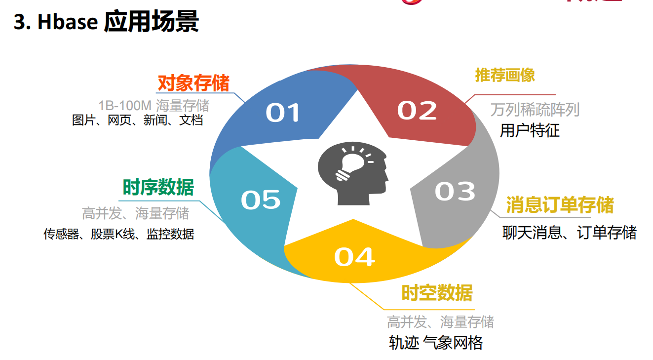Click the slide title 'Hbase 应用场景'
coord(118,22)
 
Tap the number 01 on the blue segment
coord(282,113)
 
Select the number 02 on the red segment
coord(417,111)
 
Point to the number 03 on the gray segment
coord(455,191)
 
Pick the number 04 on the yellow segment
coord(354,257)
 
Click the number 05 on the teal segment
coord(261,200)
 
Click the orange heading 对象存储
coord(193,83)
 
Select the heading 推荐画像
coord(505,75)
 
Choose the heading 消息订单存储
coord(560,205)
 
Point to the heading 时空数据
coord(437,293)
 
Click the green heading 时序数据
coord(158,187)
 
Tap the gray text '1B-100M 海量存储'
coord(154,105)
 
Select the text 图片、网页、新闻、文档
coord(137,120)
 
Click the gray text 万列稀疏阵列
coord(535,110)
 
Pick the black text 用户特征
coord(530,130)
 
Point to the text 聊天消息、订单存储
coord(569,233)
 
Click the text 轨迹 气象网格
coord(435,343)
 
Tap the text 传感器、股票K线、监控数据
coord(118,234)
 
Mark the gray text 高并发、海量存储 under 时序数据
coord(135,213)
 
